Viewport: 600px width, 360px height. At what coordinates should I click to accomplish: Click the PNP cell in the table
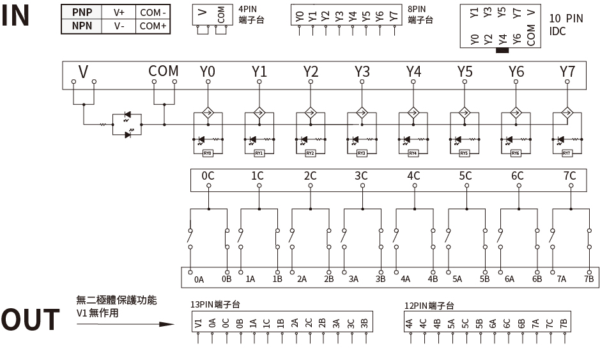[x=82, y=12]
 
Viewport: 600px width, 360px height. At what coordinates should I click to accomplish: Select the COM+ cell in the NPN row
[x=153, y=26]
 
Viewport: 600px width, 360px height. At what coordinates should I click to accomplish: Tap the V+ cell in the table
[x=119, y=12]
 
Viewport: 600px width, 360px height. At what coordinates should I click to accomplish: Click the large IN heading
[x=16, y=17]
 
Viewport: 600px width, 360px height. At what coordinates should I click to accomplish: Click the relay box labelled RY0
[x=207, y=153]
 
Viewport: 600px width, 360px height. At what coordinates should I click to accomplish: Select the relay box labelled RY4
[x=413, y=153]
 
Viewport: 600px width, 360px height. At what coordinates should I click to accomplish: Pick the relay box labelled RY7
[x=567, y=153]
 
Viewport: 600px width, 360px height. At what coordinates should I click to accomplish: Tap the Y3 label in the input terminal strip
[x=362, y=72]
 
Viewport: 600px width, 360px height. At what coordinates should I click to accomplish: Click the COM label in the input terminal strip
[x=164, y=71]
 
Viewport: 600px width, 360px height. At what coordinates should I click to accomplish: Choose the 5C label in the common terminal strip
[x=465, y=176]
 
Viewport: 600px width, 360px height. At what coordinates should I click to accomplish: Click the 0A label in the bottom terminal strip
[x=199, y=279]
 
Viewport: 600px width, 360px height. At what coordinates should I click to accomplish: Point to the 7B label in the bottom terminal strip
[x=588, y=279]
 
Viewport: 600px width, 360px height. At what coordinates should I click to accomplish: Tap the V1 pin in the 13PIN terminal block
[x=199, y=324]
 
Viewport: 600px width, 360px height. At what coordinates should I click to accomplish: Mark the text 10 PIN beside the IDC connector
[x=565, y=19]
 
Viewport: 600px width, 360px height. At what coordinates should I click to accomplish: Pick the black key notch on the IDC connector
[x=502, y=50]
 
